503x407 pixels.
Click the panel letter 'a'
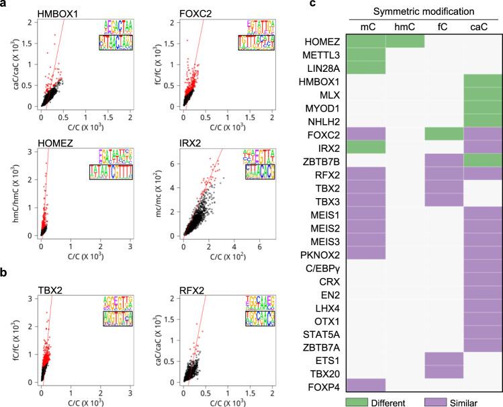(x=5, y=5)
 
